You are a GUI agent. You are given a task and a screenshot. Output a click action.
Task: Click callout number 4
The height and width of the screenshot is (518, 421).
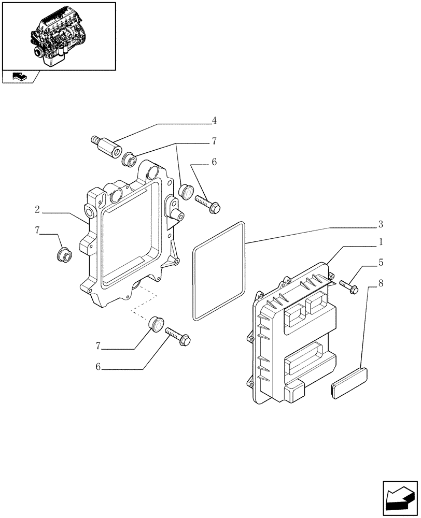tap(214, 121)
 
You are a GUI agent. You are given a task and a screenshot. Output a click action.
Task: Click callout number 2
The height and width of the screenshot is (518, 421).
tap(37, 210)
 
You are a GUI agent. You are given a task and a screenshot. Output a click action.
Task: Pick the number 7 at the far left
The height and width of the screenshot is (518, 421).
tap(37, 231)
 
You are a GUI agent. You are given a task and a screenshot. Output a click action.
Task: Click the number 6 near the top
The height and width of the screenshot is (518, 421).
tap(214, 162)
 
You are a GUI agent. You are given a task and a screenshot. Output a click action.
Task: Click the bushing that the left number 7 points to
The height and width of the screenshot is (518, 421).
tap(63, 255)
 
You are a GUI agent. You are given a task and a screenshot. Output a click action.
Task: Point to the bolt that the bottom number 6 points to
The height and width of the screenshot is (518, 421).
tap(178, 336)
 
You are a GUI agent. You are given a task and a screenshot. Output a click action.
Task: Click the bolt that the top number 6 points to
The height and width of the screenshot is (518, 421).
tap(208, 204)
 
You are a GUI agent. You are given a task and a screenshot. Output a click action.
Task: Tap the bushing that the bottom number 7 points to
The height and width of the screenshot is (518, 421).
tap(156, 323)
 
